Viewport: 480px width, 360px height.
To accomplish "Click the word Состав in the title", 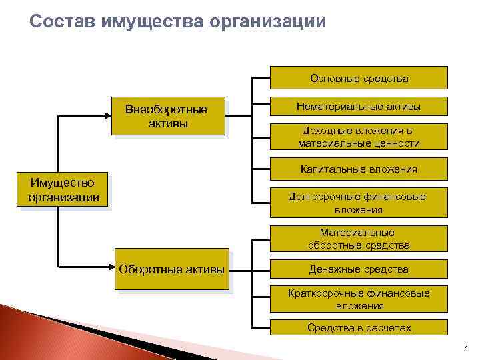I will point(63,21).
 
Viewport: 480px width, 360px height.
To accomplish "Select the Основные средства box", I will point(359,78).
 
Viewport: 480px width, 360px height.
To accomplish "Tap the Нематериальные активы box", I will point(359,107).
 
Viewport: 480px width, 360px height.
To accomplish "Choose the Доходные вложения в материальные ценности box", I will point(359,137).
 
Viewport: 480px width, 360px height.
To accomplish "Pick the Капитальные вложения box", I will point(359,169).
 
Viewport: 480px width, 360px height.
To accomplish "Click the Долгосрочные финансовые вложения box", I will point(359,203).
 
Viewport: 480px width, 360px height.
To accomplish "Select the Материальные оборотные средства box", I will point(359,239).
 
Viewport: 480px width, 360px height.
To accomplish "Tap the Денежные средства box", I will point(359,269).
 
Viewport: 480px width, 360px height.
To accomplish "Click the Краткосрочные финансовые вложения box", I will point(359,299).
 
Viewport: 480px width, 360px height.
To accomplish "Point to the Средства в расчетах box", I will point(359,327).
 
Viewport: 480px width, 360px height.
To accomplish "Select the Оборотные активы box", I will point(171,269).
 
